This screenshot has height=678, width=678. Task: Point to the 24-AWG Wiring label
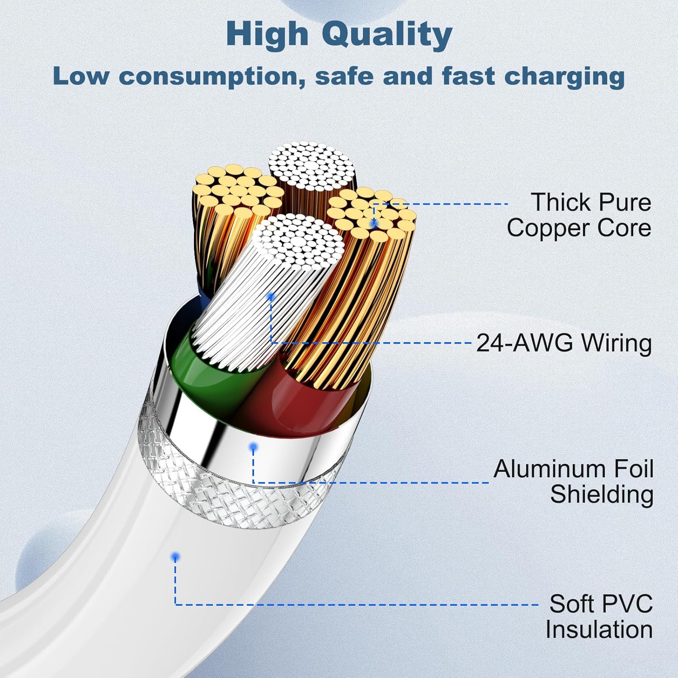(x=564, y=343)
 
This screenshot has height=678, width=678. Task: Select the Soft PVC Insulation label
(x=599, y=617)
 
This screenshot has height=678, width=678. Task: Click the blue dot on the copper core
(x=374, y=223)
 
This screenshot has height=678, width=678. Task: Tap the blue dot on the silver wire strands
(x=271, y=297)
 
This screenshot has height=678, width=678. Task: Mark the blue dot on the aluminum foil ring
(x=254, y=447)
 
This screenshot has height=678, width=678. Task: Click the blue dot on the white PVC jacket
(x=175, y=557)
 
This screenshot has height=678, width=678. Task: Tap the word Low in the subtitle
(x=80, y=76)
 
